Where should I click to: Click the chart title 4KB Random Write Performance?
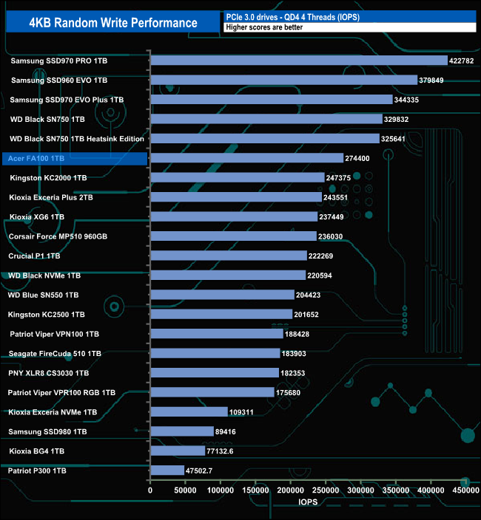[113, 22]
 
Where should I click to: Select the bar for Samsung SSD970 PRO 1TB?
[299, 61]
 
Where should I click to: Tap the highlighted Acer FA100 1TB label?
[38, 158]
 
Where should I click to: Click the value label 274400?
[360, 158]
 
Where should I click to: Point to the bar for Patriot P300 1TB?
[167, 471]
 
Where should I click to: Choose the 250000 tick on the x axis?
[326, 490]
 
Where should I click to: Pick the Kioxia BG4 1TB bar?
[178, 451]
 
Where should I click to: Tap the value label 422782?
[465, 61]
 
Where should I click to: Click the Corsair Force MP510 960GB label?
[58, 236]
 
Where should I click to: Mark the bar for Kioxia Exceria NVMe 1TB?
[189, 411]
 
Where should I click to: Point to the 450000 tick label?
[465, 490]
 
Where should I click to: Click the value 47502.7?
[201, 471]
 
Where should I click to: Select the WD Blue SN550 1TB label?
[43, 295]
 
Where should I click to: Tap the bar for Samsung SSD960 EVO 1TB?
[283, 80]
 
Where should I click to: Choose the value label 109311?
[245, 411]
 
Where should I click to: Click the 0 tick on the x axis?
[150, 490]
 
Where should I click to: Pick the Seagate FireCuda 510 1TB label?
[55, 354]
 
